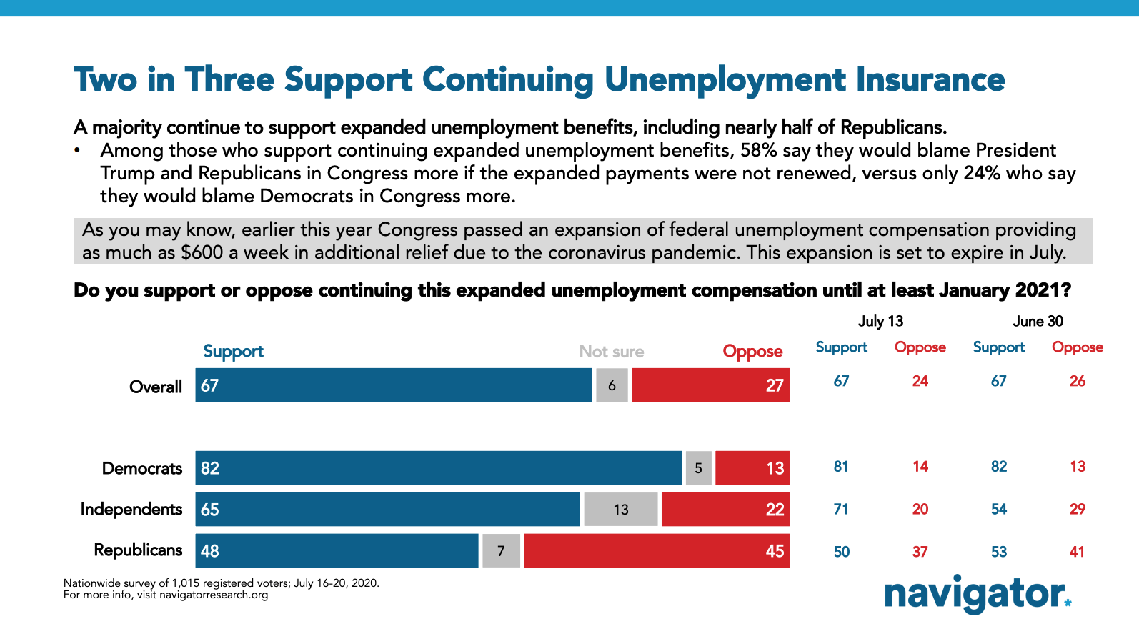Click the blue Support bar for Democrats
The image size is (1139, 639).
coord(438,468)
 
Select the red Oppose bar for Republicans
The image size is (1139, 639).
coord(656,551)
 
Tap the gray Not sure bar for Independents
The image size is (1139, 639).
coord(620,510)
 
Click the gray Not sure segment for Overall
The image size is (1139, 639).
coord(612,385)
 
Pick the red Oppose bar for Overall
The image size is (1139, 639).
coord(710,385)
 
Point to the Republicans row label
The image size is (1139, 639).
coord(138,550)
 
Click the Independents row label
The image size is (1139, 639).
coord(131,509)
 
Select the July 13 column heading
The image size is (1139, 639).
coord(880,321)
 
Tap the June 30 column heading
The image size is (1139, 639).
coord(1038,321)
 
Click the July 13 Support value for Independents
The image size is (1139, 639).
coord(841,509)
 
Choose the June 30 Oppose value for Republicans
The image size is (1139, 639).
coord(1077,552)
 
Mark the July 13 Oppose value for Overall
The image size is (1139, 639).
coord(920,381)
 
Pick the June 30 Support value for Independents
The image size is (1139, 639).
coord(998,509)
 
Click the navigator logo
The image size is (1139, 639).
coord(978,594)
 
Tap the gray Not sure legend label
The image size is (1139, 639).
coord(611,352)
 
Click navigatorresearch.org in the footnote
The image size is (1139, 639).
coord(214,595)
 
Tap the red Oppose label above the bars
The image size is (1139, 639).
coord(752,352)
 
